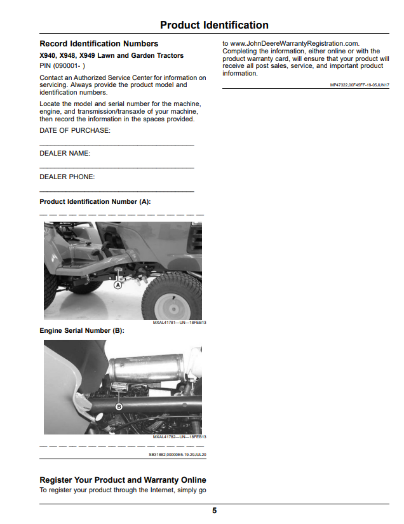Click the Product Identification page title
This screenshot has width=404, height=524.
point(214,25)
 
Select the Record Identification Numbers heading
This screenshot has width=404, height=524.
point(99,44)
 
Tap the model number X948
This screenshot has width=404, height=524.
point(67,55)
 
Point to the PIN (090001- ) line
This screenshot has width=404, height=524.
point(62,66)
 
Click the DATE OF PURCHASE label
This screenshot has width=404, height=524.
point(75,131)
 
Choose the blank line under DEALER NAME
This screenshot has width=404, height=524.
point(117,168)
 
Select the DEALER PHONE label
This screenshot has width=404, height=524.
point(67,177)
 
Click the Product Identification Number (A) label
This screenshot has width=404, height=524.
point(95,201)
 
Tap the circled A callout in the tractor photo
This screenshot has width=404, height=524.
point(118,285)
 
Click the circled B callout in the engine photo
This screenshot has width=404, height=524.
point(119,406)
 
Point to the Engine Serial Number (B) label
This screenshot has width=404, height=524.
point(82,330)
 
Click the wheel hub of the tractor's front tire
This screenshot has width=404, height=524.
point(173,308)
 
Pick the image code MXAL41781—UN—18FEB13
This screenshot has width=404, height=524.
point(179,323)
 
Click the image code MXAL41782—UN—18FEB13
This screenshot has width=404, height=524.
point(179,437)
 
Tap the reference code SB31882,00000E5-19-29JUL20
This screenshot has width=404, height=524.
point(177,455)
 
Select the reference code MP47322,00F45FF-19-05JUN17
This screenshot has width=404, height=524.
point(360,85)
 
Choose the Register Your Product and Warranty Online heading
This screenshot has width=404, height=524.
point(123,480)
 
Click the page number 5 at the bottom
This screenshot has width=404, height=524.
point(215,511)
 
